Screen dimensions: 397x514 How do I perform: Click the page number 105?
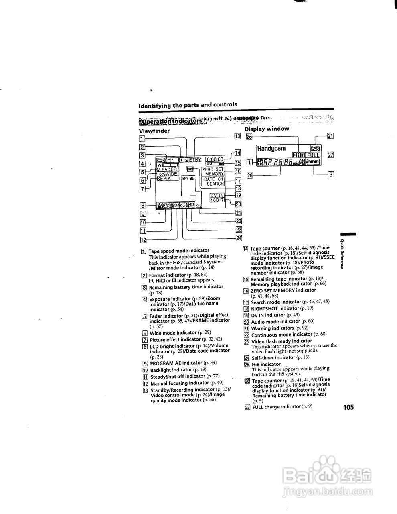(x=348, y=407)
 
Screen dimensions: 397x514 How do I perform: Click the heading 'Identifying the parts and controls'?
(x=188, y=105)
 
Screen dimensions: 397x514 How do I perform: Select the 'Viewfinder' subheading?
(x=154, y=131)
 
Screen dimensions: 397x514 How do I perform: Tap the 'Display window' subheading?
(x=267, y=128)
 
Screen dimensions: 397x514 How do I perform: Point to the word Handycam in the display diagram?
(x=271, y=148)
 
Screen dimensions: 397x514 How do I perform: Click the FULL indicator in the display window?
(x=313, y=155)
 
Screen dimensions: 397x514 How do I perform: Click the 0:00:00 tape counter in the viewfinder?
(x=215, y=159)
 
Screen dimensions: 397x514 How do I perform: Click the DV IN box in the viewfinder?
(x=217, y=195)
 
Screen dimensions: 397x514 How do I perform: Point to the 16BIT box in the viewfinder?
(x=217, y=200)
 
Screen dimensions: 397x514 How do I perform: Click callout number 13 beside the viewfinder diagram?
(x=237, y=137)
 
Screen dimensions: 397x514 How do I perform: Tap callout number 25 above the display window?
(x=249, y=137)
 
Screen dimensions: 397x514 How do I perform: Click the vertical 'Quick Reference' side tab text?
(x=342, y=254)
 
